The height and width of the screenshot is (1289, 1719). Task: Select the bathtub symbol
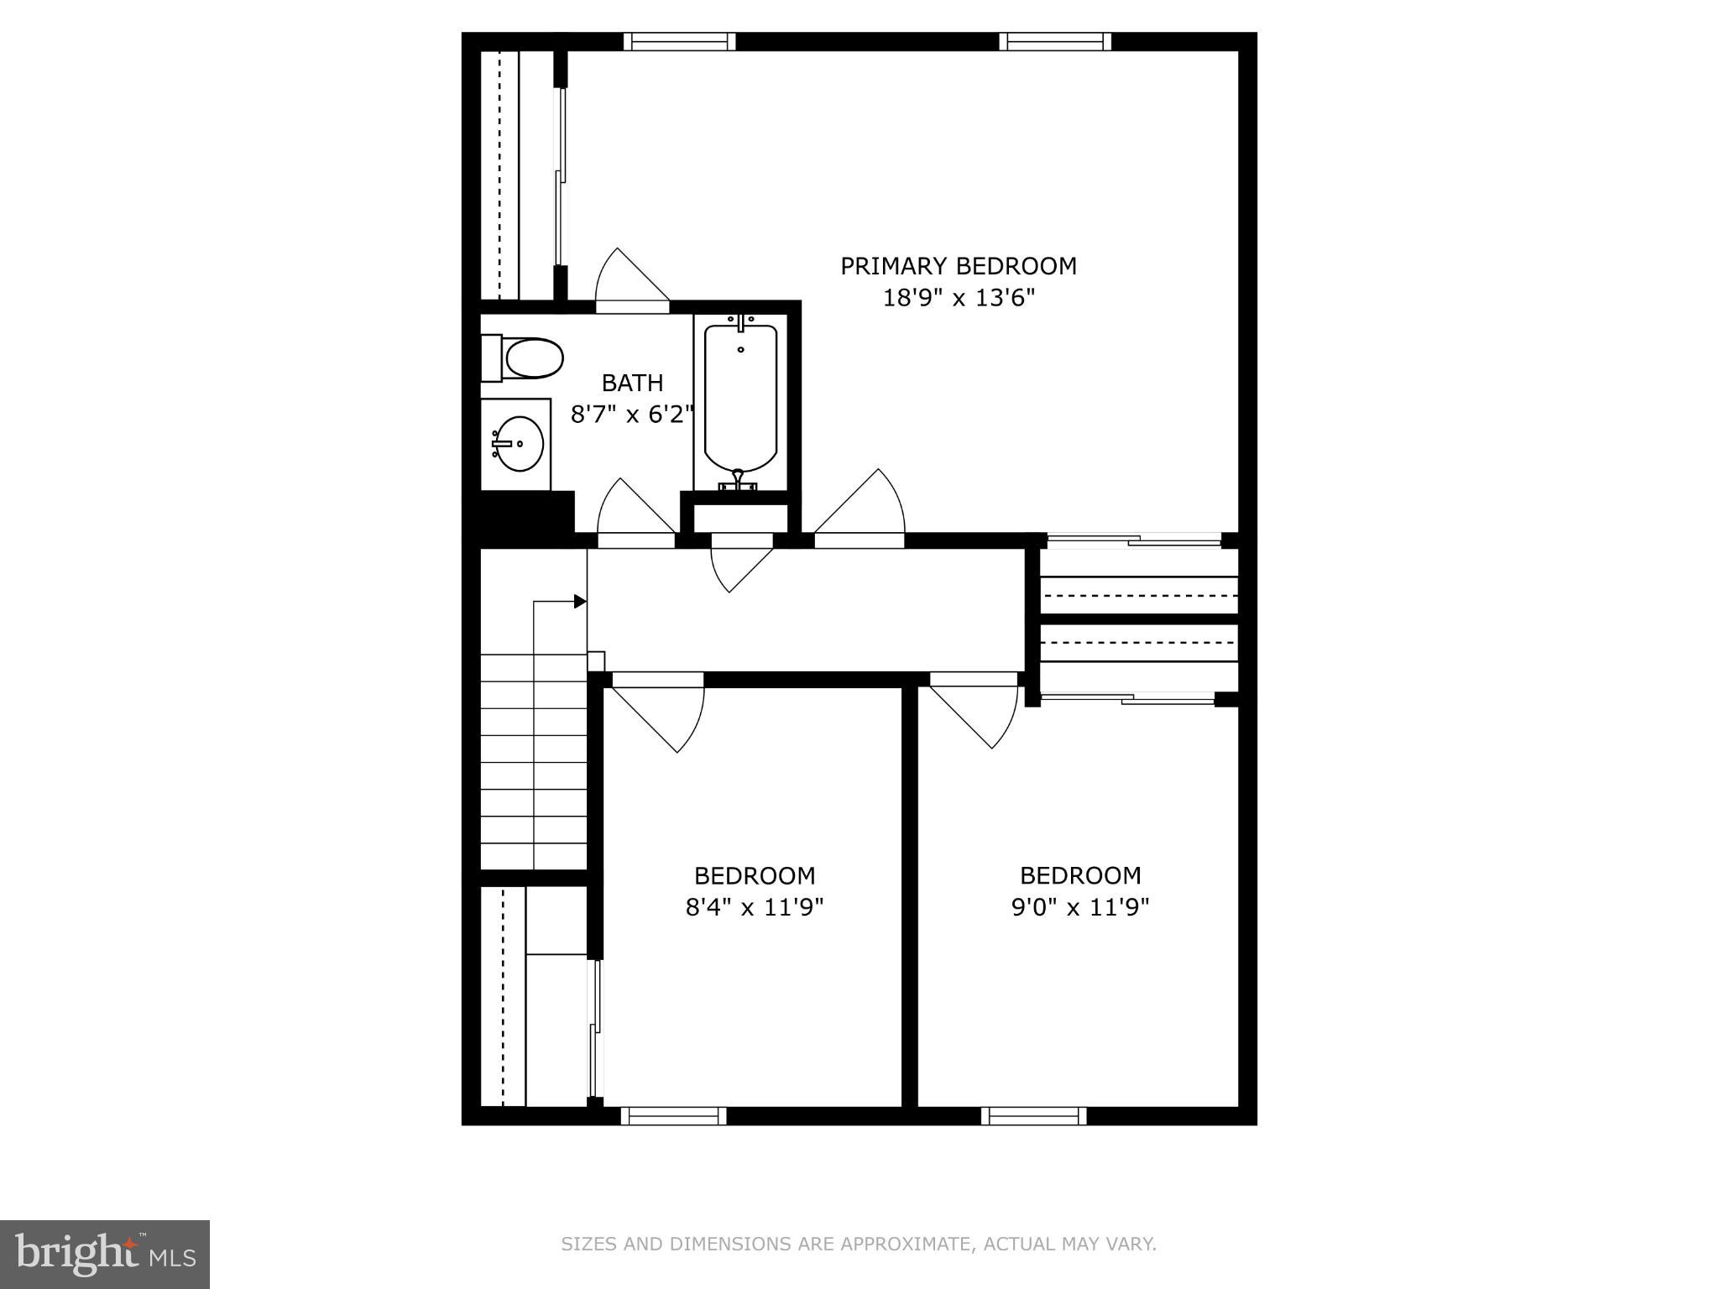pyautogui.click(x=740, y=399)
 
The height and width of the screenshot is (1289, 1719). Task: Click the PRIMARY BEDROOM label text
pyautogui.click(x=958, y=266)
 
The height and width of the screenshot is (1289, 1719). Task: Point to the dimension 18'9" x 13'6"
pyautogui.click(x=958, y=298)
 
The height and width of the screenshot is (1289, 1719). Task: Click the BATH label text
pyautogui.click(x=632, y=383)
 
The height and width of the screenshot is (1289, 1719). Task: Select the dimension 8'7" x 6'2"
pyautogui.click(x=632, y=414)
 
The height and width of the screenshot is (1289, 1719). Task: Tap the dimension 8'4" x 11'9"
pyautogui.click(x=754, y=907)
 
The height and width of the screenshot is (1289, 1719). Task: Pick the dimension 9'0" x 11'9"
pyautogui.click(x=1079, y=907)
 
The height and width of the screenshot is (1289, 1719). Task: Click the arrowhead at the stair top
pyautogui.click(x=580, y=601)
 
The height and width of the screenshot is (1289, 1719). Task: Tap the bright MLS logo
pyautogui.click(x=105, y=1254)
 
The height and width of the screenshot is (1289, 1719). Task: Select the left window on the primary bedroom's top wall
pyautogui.click(x=679, y=41)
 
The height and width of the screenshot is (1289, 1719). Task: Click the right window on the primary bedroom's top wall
pyautogui.click(x=1055, y=41)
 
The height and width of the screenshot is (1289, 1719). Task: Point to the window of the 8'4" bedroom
pyautogui.click(x=673, y=1115)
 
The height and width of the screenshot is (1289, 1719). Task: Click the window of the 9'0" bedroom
pyautogui.click(x=1034, y=1115)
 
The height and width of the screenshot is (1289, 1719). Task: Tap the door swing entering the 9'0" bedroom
pyautogui.click(x=978, y=713)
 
